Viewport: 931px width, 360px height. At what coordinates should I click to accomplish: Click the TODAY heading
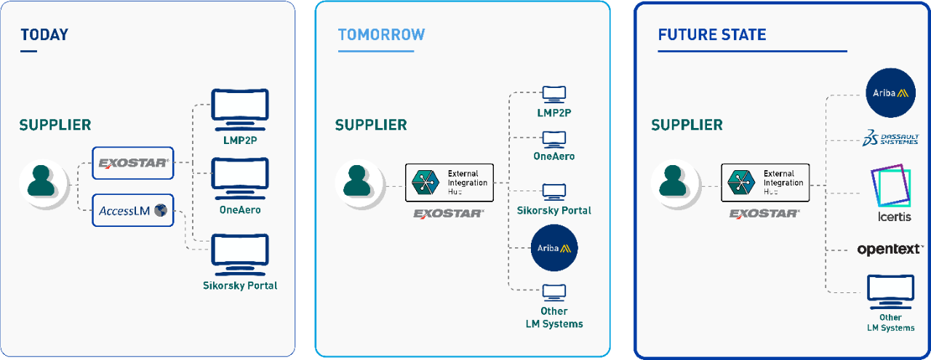point(44,34)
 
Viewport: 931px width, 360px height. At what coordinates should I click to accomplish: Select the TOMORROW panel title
point(382,34)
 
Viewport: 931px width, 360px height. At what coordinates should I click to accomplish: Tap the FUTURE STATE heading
point(712,34)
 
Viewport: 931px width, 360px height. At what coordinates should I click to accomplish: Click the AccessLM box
point(132,210)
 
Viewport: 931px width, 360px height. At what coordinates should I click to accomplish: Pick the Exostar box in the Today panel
point(132,163)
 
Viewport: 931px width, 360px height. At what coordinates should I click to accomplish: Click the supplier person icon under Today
point(41,181)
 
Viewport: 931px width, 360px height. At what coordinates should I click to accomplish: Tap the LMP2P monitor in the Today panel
point(240,110)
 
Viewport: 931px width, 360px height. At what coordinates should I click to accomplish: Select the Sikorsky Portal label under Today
point(240,286)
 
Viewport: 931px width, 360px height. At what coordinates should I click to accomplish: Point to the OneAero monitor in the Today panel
point(240,179)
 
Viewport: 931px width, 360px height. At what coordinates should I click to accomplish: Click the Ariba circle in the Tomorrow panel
point(554,248)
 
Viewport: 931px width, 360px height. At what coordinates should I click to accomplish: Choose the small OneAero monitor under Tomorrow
point(554,139)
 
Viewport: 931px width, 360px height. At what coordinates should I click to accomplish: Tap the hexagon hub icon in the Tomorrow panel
point(425,183)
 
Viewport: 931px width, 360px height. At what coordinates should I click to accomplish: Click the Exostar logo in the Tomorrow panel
point(449,214)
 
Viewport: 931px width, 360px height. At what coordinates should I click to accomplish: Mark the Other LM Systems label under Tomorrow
point(554,318)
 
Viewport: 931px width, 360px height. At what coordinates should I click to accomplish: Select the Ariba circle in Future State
point(890,92)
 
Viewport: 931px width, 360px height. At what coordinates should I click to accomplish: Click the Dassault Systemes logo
point(890,138)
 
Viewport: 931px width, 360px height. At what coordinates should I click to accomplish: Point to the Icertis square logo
point(891,185)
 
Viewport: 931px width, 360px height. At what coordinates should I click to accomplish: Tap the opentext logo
point(890,249)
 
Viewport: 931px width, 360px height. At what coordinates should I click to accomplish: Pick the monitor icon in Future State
point(890,292)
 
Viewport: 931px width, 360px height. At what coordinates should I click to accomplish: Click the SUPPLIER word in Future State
point(687,125)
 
